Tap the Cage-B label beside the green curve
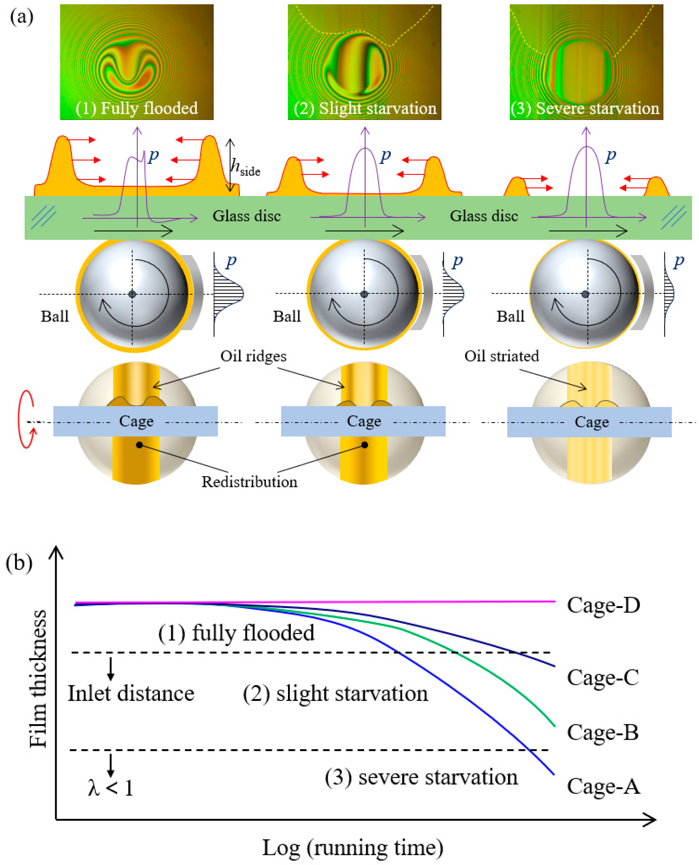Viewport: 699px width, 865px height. point(602,732)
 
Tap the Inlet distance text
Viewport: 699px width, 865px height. point(131,693)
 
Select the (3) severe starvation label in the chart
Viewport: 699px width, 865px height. point(421,777)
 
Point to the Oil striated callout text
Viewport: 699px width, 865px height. point(501,356)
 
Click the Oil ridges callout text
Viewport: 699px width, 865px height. point(253,356)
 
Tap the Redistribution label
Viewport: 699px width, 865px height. point(249,482)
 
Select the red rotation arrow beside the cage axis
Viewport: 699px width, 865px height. point(27,419)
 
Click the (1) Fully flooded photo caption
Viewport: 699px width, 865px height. point(137,109)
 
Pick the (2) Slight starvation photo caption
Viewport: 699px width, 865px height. point(365,109)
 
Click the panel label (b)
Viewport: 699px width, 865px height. point(19,563)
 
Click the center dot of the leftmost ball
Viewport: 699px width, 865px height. point(132,294)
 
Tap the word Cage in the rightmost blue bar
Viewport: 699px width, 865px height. point(591,422)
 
